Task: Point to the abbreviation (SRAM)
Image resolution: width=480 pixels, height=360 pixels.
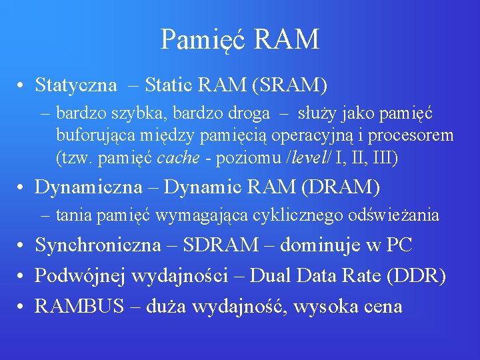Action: pos(289,85)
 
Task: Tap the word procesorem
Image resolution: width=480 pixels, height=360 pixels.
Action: pos(413,136)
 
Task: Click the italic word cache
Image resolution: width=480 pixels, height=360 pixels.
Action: pos(176,158)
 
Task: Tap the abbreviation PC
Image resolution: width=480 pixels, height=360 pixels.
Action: pos(399,245)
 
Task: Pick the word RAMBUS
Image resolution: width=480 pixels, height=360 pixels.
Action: pos(78,306)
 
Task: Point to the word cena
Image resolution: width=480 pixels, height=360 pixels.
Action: pos(379,306)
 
